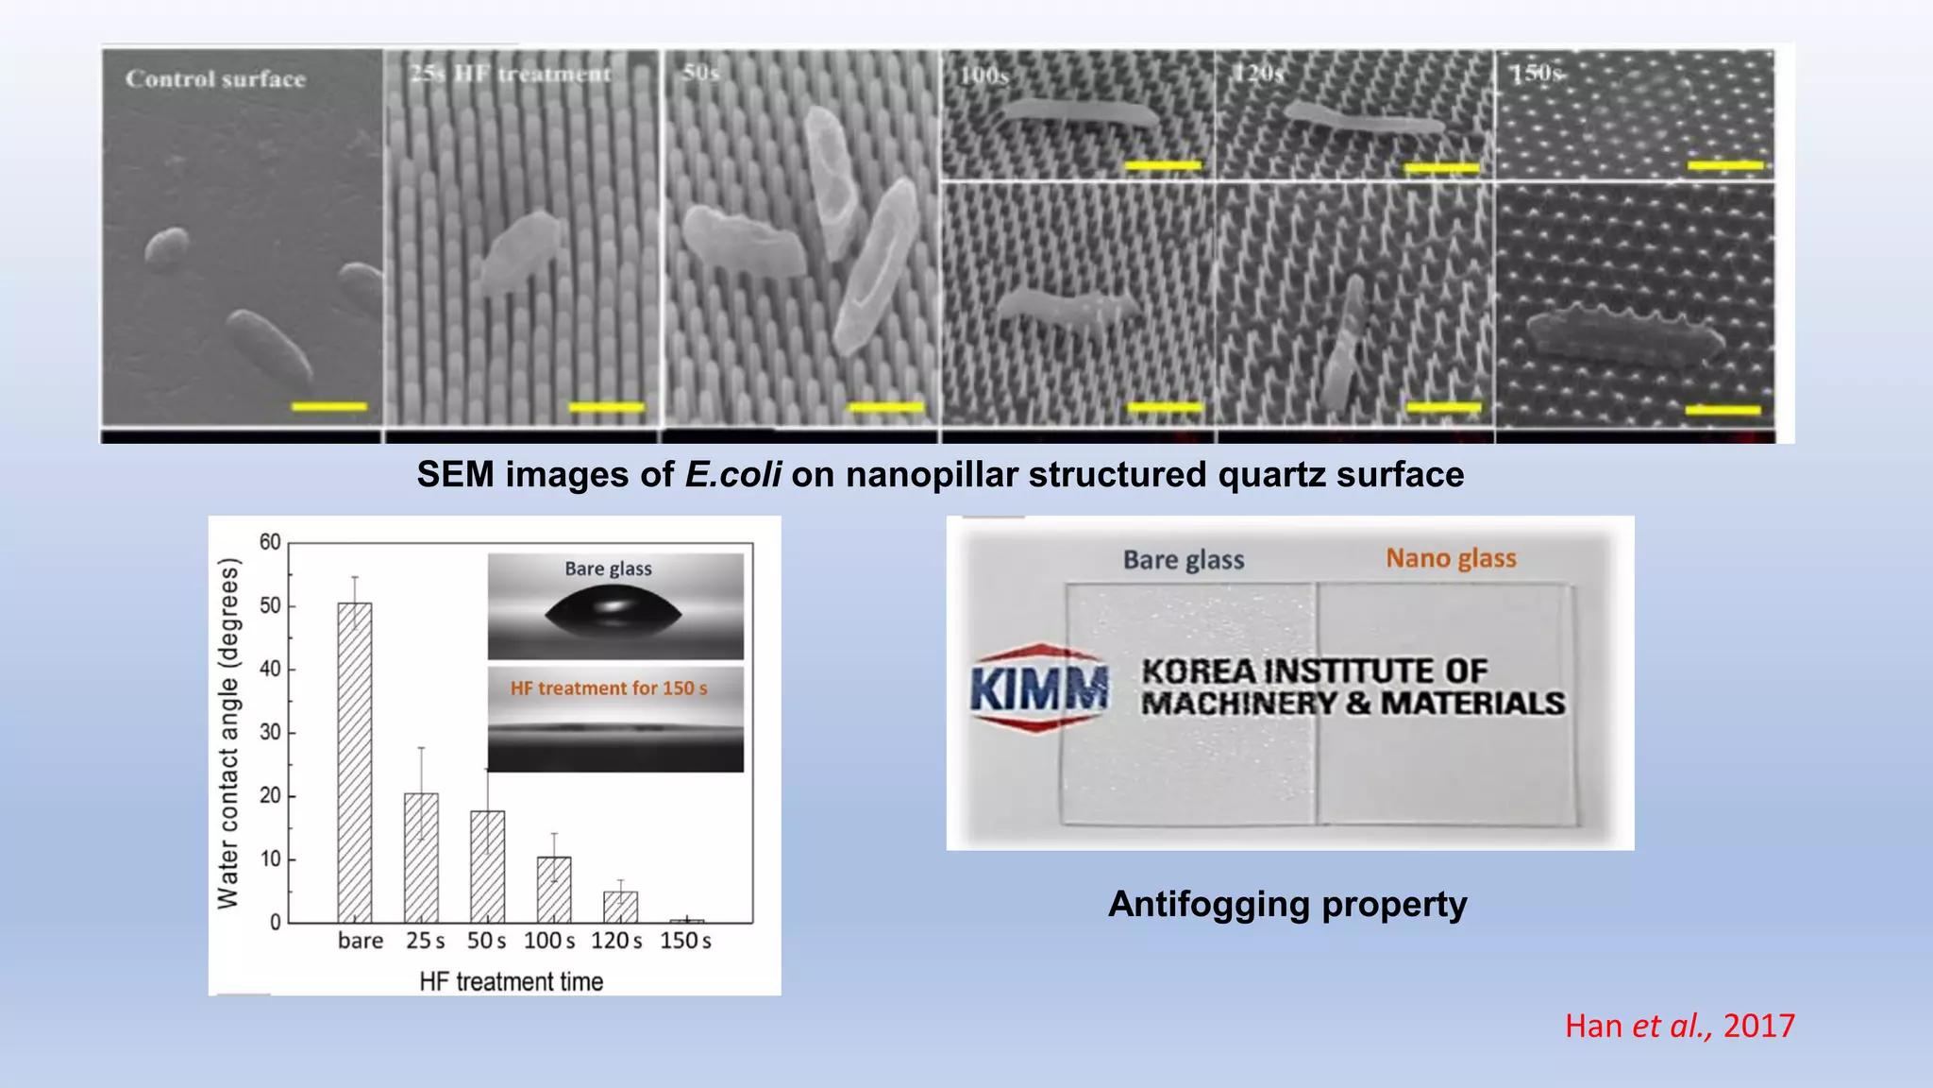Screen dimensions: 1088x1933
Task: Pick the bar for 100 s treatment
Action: [554, 890]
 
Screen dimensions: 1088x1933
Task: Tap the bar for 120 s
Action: [620, 907]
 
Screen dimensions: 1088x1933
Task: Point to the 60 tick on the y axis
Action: [270, 542]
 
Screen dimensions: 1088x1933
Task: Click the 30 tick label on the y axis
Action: [270, 732]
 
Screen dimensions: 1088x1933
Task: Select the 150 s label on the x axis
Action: [685, 941]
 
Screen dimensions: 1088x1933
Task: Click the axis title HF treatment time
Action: [511, 981]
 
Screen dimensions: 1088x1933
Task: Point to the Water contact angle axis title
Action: [228, 733]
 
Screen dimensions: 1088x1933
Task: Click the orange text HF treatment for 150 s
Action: [609, 688]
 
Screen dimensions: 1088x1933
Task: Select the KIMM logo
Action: [1039, 687]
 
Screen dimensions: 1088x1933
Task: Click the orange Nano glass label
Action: [1451, 558]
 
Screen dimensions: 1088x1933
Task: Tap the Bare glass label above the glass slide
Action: [1184, 560]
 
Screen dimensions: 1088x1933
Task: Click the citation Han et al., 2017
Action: [1679, 1026]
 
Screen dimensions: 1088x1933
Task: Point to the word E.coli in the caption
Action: [732, 474]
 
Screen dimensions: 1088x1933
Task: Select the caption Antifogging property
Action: [1287, 904]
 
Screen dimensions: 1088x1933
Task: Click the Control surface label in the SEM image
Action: [215, 79]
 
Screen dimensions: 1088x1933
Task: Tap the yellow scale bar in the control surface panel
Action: [328, 407]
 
